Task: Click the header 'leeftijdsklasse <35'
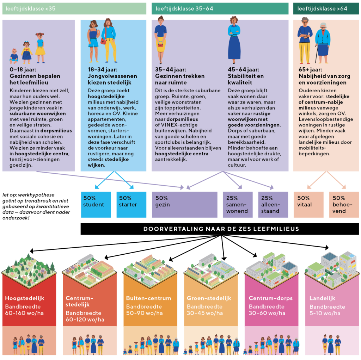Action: (74, 8)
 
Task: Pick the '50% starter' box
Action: (131, 204)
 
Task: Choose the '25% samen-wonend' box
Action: (237, 204)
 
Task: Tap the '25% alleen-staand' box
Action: (273, 204)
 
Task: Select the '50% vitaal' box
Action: (308, 204)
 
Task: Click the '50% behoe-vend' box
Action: (344, 204)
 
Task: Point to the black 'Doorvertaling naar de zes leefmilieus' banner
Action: (221, 229)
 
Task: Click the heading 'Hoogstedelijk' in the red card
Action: (25, 298)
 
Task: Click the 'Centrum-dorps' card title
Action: (268, 298)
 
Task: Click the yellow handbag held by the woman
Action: (160, 44)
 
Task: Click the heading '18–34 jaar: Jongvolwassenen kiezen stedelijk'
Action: (112, 76)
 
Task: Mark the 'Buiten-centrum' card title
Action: (148, 298)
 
